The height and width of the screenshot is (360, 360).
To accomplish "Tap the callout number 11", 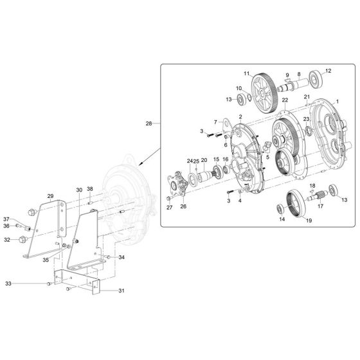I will tap(246, 74).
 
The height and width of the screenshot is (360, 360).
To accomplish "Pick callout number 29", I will tap(50, 196).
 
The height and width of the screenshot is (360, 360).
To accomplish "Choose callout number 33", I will tap(26, 283).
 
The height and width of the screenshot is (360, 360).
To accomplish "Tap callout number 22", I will tap(284, 101).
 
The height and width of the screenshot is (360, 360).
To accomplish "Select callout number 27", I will tap(170, 208).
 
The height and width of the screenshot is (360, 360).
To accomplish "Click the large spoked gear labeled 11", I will tap(268, 88).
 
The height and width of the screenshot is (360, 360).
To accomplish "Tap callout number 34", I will tap(122, 257).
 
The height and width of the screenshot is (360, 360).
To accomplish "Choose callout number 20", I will tap(204, 161).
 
